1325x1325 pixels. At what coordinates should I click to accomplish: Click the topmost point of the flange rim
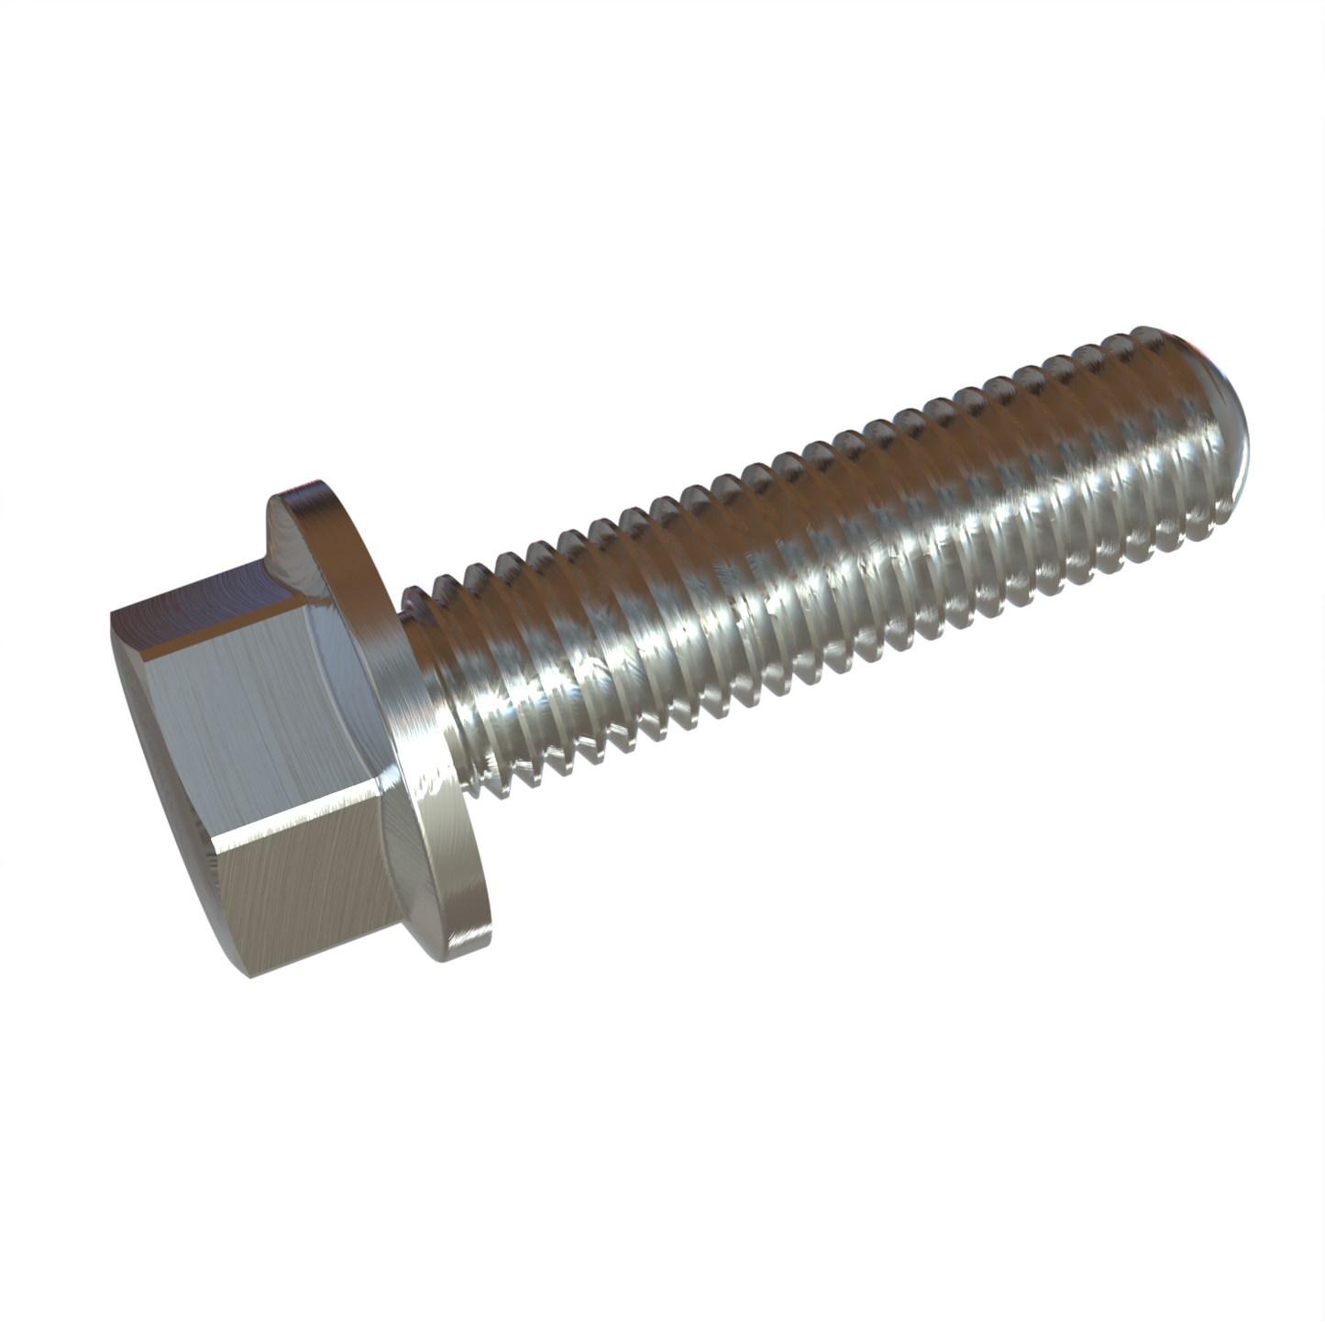click(x=316, y=481)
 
